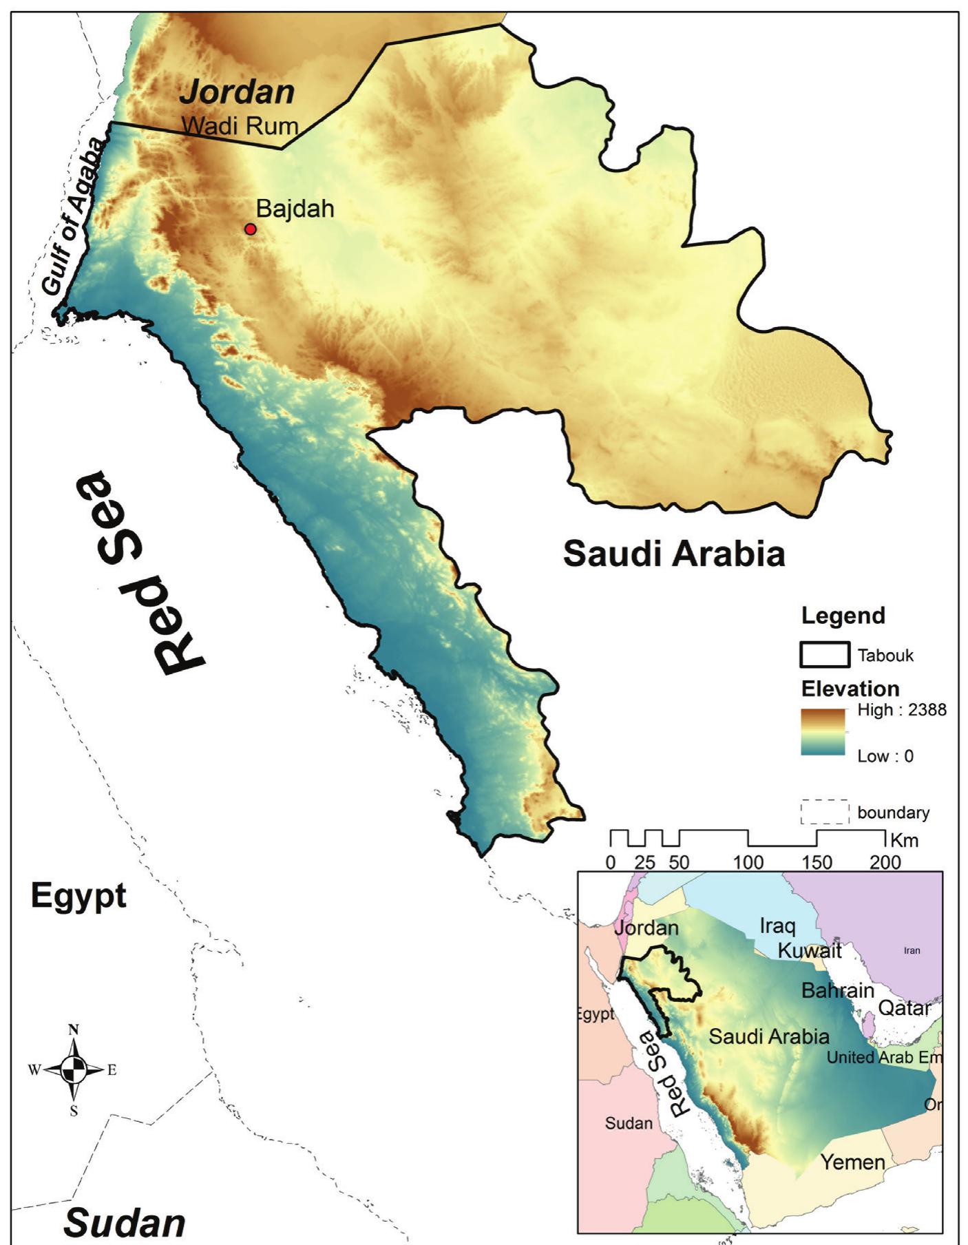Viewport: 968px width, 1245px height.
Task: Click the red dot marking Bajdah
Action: (x=251, y=229)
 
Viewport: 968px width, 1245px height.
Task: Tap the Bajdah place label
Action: (x=295, y=209)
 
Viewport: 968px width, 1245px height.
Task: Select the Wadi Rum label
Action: (x=240, y=126)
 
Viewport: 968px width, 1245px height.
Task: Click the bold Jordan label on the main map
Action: (x=238, y=92)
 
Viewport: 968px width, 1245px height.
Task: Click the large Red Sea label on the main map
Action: (x=142, y=572)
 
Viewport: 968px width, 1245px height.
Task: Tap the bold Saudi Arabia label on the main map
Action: (x=673, y=553)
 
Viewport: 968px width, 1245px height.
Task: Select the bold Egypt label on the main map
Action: (x=78, y=897)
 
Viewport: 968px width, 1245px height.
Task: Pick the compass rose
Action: (x=74, y=1069)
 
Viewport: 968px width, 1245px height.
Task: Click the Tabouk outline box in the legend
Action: (x=824, y=655)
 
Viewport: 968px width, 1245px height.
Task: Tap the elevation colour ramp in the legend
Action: (x=823, y=733)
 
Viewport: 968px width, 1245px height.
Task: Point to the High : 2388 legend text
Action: (x=901, y=710)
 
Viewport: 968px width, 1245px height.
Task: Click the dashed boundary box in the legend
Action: (x=824, y=812)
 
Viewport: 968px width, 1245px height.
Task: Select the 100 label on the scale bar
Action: (x=748, y=862)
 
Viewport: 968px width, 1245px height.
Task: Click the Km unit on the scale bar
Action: (x=904, y=840)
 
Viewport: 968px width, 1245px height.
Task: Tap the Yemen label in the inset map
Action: (x=852, y=1162)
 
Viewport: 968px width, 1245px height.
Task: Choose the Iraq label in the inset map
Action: (x=777, y=926)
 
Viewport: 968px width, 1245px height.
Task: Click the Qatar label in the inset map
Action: (x=905, y=1007)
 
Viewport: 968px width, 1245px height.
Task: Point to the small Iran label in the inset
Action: (x=911, y=951)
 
